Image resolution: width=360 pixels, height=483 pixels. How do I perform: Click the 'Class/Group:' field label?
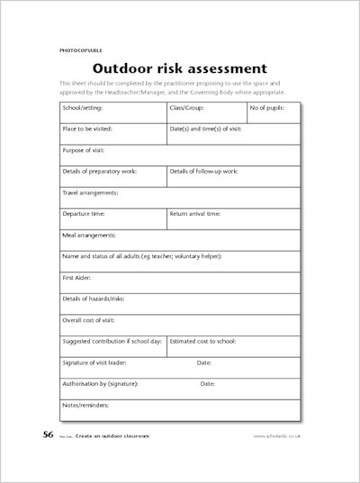click(x=188, y=107)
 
